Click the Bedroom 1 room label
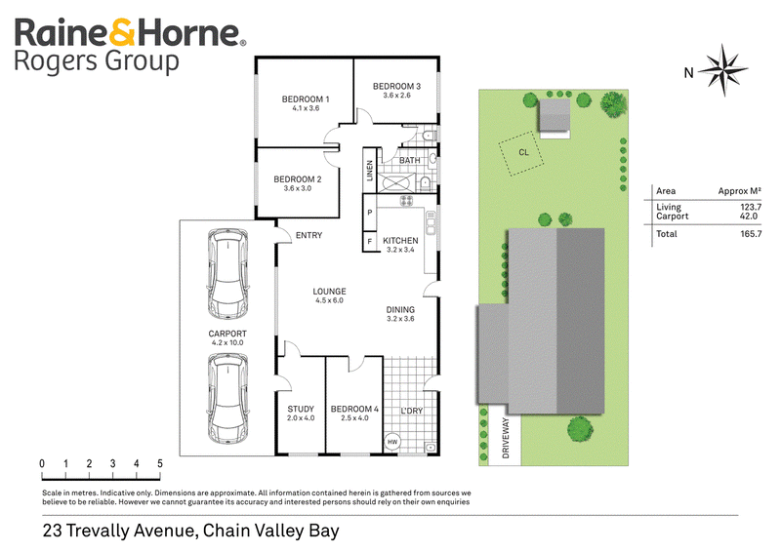[306, 99]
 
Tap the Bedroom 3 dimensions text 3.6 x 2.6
[396, 95]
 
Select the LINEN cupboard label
[370, 171]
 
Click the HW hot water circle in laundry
[392, 442]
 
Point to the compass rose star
[722, 69]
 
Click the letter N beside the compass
[688, 73]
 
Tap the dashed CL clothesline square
[521, 153]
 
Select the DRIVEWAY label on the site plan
[506, 438]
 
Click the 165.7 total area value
[751, 234]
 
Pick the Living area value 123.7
[751, 207]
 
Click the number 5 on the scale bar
[160, 463]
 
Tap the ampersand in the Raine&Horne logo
[122, 32]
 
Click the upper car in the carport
[227, 274]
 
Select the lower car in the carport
[227, 399]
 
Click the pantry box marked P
[370, 213]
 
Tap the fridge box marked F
[370, 242]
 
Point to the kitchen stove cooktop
[406, 201]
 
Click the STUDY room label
[301, 410]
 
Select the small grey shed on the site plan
[554, 115]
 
